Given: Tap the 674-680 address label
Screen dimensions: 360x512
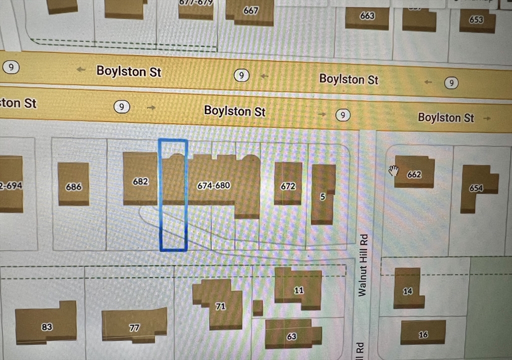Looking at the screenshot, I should pyautogui.click(x=213, y=185).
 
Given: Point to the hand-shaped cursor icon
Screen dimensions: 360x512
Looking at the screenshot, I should pyautogui.click(x=393, y=171).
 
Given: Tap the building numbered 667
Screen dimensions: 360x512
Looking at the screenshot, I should pyautogui.click(x=251, y=11).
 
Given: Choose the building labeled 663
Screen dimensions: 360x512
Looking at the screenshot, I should pyautogui.click(x=367, y=16).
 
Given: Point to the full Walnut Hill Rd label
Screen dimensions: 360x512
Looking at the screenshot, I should pyautogui.click(x=363, y=265).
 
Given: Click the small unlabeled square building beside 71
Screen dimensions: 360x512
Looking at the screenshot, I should pyautogui.click(x=257, y=307).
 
